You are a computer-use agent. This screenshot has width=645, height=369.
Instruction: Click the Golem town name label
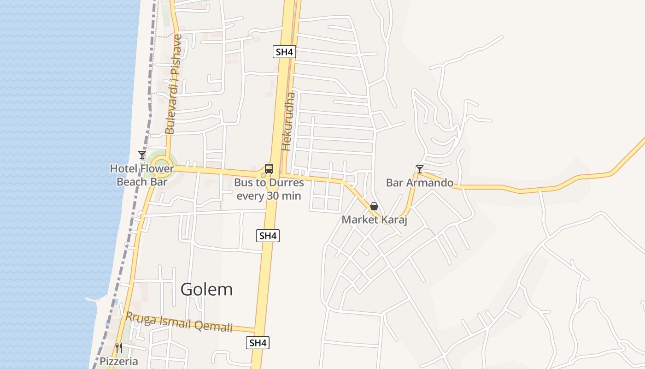[206, 290]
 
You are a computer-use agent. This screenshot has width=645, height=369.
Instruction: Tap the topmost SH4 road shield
[284, 52]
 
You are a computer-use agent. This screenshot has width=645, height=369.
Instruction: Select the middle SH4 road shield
[268, 236]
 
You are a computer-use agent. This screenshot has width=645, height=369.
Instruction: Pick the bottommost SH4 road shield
[258, 343]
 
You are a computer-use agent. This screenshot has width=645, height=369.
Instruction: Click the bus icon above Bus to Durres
[269, 169]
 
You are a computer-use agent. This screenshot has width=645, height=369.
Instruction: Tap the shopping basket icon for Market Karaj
[374, 206]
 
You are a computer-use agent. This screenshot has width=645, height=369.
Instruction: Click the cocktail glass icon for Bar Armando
[419, 169]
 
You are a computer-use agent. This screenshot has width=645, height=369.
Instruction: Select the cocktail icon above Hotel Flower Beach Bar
[142, 155]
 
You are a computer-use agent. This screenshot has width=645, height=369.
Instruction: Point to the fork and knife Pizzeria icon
[119, 347]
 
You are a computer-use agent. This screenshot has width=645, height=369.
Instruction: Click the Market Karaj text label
[374, 220]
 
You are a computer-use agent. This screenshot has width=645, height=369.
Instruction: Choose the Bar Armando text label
[419, 183]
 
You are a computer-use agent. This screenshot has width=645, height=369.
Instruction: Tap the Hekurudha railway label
[288, 121]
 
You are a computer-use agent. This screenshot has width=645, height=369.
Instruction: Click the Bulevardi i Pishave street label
[171, 84]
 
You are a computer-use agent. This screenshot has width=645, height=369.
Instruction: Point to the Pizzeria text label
[119, 361]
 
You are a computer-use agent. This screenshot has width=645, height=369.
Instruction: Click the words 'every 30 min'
[269, 196]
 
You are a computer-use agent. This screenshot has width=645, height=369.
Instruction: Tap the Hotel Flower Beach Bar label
[142, 175]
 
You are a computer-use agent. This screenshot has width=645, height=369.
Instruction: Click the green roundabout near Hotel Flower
[161, 165]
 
